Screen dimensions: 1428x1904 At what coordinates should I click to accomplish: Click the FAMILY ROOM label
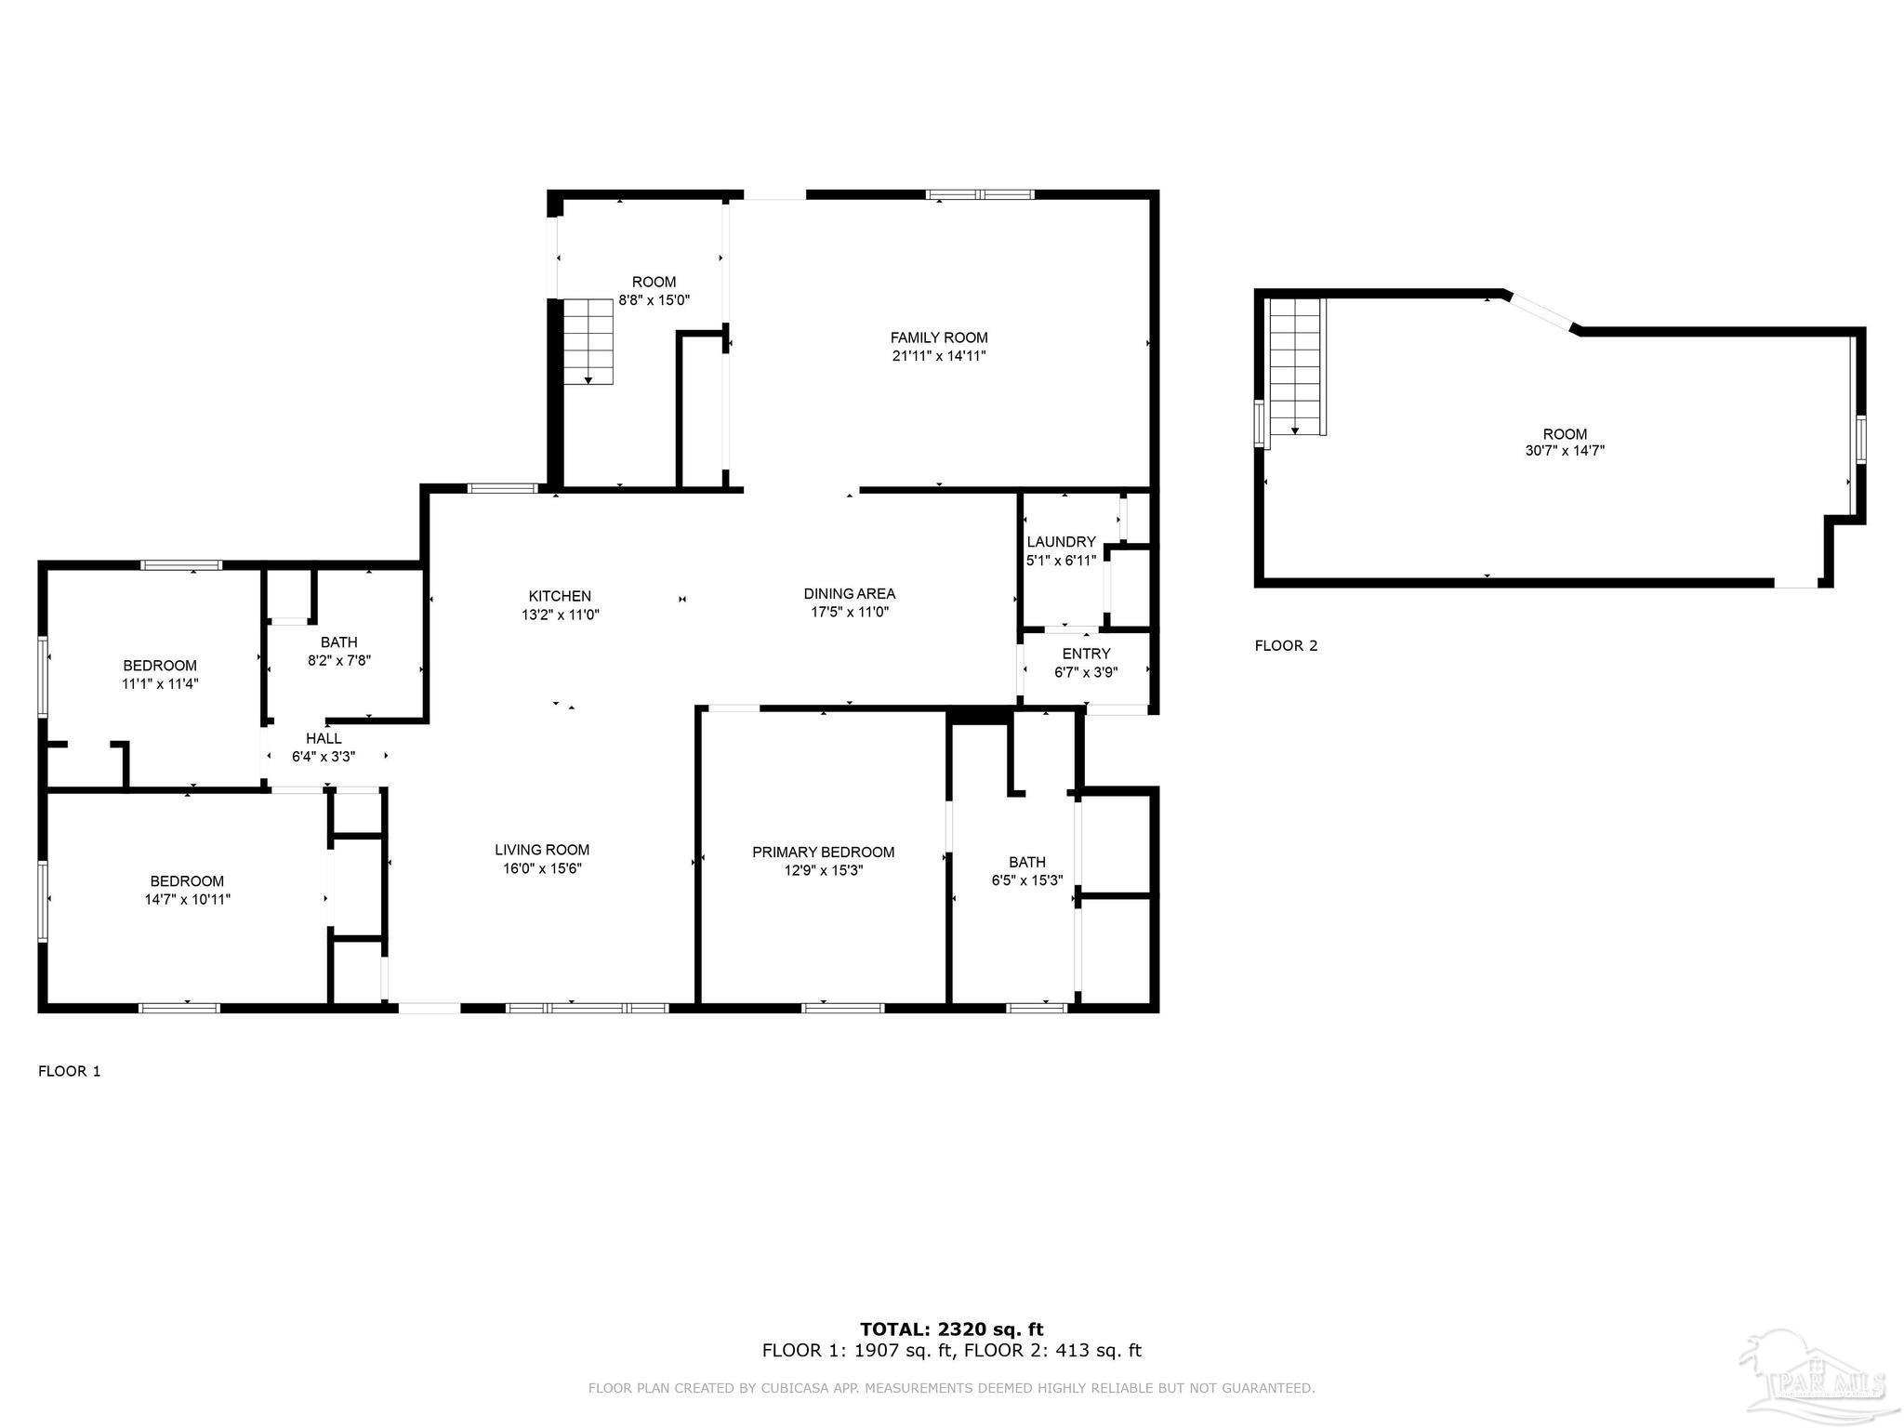point(938,338)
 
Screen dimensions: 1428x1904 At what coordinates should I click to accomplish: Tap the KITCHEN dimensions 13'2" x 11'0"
point(560,615)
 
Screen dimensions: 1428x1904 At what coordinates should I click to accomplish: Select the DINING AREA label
point(849,594)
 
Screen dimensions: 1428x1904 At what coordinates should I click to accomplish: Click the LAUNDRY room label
point(1061,542)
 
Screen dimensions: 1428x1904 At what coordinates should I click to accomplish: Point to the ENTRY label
point(1086,654)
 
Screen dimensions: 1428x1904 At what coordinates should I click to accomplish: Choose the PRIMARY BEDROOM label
point(823,853)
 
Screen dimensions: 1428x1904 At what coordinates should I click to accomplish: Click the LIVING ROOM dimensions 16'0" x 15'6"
point(541,868)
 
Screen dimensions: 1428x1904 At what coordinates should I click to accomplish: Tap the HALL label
point(324,738)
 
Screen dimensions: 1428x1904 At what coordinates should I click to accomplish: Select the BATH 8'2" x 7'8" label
point(339,642)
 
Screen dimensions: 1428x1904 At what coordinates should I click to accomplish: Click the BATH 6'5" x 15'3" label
point(1026,862)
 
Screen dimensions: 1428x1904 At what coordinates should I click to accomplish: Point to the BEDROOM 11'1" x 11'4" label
point(160,666)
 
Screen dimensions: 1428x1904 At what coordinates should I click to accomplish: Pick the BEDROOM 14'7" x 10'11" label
point(187,881)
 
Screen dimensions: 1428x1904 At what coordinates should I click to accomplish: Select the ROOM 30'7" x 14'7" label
point(1565,434)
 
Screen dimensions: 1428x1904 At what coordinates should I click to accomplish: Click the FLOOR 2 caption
point(1286,645)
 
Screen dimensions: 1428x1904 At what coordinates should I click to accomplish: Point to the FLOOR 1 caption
point(70,1071)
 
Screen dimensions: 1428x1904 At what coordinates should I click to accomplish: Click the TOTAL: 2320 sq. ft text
point(951,1329)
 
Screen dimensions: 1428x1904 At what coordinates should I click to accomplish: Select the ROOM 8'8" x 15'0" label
point(654,283)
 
